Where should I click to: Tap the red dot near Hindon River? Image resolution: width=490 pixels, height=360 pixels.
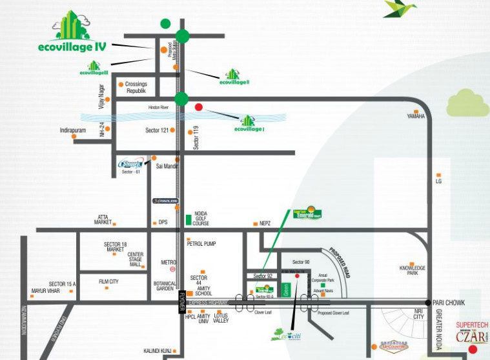(199, 107)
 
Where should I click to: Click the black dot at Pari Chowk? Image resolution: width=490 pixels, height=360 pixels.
(427, 302)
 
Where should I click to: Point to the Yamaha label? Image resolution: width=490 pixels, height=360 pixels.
(415, 117)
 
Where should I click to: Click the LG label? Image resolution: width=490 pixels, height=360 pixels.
(438, 182)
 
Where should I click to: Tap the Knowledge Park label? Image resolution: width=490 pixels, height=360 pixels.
(413, 270)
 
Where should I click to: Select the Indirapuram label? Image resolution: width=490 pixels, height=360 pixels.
(73, 130)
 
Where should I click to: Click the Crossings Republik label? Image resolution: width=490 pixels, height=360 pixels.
(136, 88)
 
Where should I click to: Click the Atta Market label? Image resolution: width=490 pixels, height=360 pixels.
(103, 219)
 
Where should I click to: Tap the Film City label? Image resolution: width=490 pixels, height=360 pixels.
(108, 282)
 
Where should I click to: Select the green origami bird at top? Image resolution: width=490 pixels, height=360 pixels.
(400, 8)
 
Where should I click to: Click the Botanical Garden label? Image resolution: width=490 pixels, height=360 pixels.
(165, 286)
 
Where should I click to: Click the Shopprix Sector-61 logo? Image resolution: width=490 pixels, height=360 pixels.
(132, 165)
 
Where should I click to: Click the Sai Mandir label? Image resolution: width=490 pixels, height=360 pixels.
(167, 166)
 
